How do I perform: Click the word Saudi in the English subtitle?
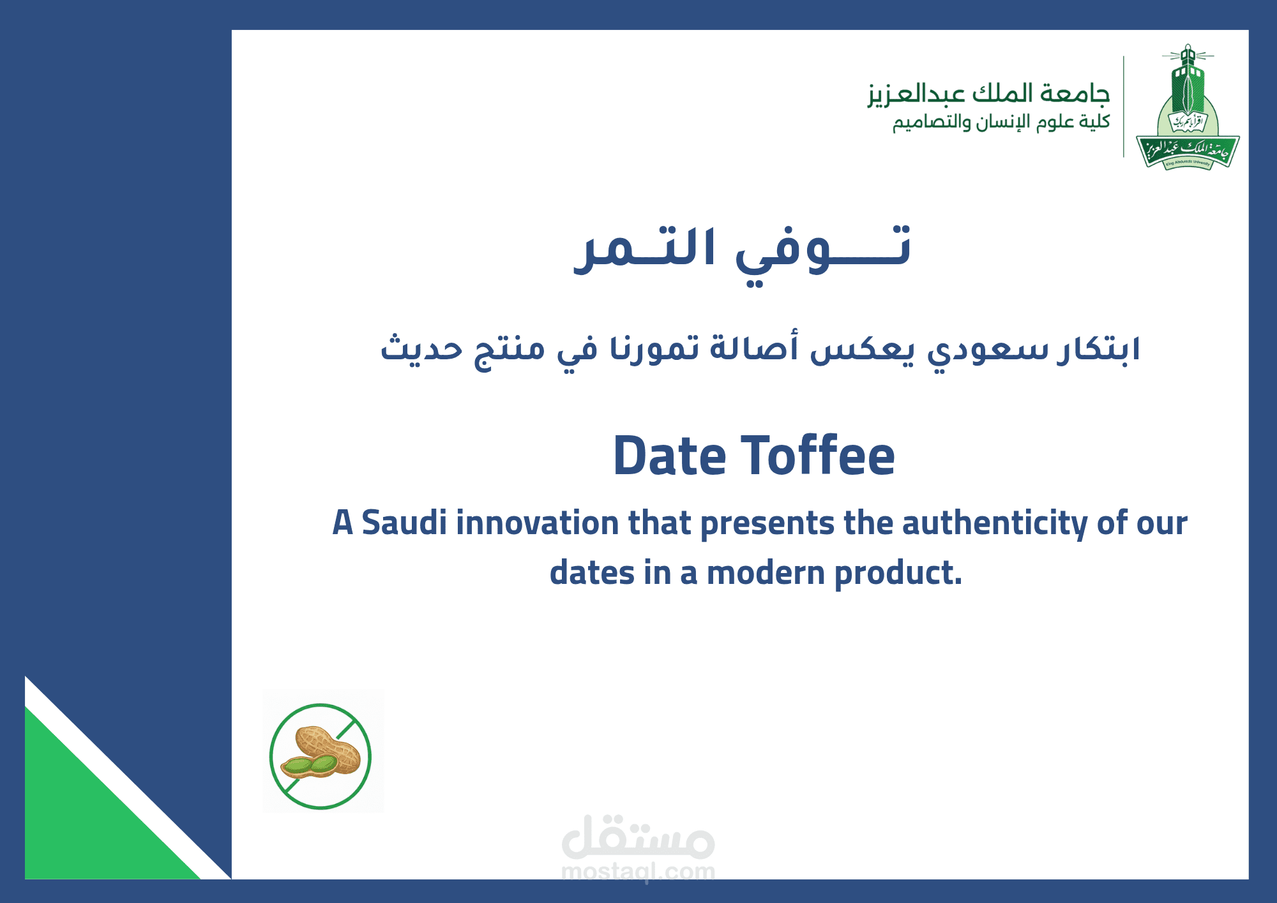tap(404, 523)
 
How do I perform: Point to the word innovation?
tap(537, 523)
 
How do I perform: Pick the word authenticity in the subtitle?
tap(994, 524)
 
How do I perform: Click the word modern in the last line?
tap(766, 572)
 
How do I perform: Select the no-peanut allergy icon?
tap(321, 756)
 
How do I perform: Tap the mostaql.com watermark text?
tap(638, 871)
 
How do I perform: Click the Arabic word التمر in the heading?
tap(644, 249)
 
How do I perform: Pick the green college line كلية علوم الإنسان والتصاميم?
tap(1001, 122)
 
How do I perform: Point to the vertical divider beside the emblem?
tap(1124, 107)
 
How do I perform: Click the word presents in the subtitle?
tap(767, 524)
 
